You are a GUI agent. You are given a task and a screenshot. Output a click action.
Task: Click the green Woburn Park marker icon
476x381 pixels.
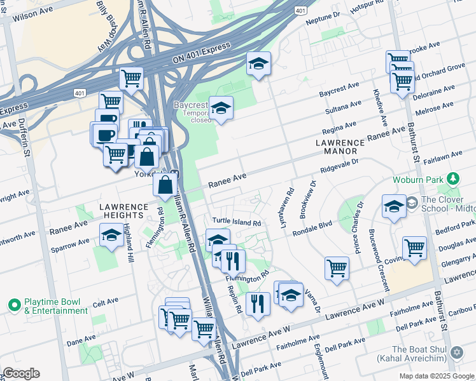coord(452,178)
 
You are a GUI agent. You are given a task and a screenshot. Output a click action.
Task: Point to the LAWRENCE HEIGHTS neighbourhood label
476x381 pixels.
coord(123,213)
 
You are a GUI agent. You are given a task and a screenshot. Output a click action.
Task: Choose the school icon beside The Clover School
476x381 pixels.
coord(394,206)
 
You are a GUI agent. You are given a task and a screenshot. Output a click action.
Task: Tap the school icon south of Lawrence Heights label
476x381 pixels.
coord(111,236)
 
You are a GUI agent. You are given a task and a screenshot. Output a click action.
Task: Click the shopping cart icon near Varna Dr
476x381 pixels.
coord(336,267)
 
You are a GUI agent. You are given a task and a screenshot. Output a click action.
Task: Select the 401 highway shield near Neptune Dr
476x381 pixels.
coord(300,10)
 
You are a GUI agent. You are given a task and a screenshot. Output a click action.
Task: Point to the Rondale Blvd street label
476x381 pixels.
coord(312,229)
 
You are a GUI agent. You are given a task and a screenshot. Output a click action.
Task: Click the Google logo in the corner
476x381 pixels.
coord(20,373)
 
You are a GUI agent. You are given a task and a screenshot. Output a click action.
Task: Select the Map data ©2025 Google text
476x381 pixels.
coord(436,375)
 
